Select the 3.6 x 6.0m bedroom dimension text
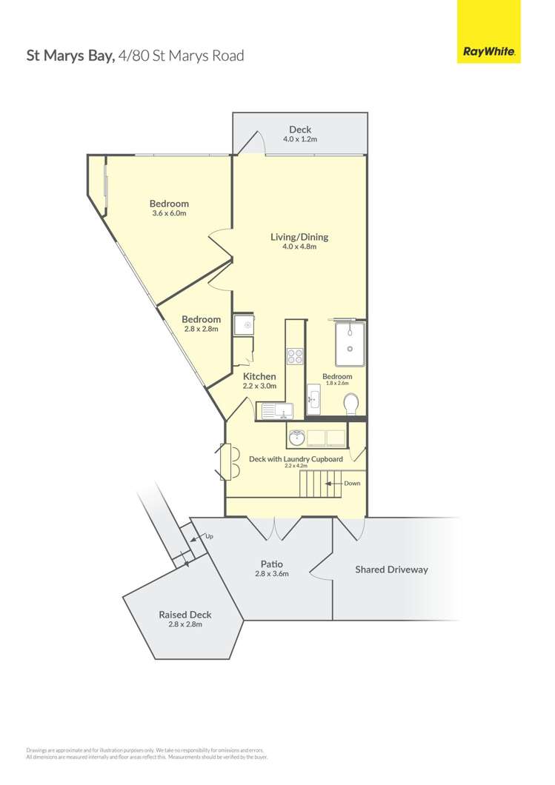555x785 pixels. [x=169, y=213]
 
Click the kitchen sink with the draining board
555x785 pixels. [x=276, y=410]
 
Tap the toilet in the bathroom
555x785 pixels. [x=351, y=404]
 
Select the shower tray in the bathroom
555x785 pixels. [x=350, y=344]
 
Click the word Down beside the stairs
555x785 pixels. [x=352, y=484]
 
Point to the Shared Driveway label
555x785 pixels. [x=391, y=569]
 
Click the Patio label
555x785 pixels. [x=271, y=564]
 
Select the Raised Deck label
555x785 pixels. [x=185, y=615]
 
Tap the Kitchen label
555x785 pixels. [x=259, y=376]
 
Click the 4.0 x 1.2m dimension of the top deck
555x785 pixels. [x=299, y=139]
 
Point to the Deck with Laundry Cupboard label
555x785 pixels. [x=296, y=459]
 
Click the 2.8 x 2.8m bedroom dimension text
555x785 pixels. [x=202, y=329]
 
